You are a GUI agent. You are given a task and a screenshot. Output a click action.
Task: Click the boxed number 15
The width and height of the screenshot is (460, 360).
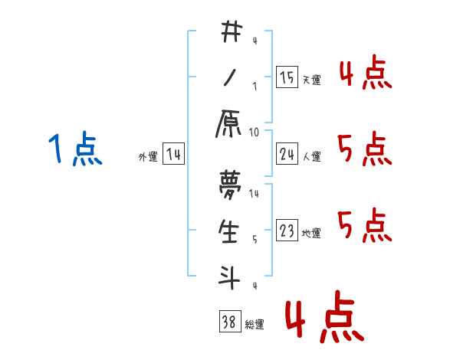(287, 77)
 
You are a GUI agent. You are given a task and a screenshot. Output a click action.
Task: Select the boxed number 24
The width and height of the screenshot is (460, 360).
(287, 155)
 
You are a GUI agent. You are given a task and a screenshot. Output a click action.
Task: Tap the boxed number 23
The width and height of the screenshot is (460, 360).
(287, 231)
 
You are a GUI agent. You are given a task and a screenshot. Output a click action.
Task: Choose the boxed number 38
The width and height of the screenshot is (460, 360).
(228, 322)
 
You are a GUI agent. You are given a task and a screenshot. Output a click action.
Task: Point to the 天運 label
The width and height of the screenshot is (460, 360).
(311, 80)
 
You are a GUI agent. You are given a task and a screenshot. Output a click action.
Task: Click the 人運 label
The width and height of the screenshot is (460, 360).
(311, 157)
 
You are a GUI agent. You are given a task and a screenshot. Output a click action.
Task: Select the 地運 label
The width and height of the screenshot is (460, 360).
(311, 233)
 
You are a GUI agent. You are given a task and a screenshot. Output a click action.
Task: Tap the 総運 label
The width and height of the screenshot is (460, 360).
(255, 325)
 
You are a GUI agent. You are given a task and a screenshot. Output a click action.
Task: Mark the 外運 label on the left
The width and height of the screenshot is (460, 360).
(147, 157)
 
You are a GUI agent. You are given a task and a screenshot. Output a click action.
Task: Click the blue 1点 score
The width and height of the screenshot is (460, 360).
(74, 149)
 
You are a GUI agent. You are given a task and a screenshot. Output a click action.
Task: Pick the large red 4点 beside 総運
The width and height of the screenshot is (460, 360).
(321, 319)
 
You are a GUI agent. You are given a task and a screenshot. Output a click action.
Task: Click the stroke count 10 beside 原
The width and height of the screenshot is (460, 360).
(254, 132)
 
